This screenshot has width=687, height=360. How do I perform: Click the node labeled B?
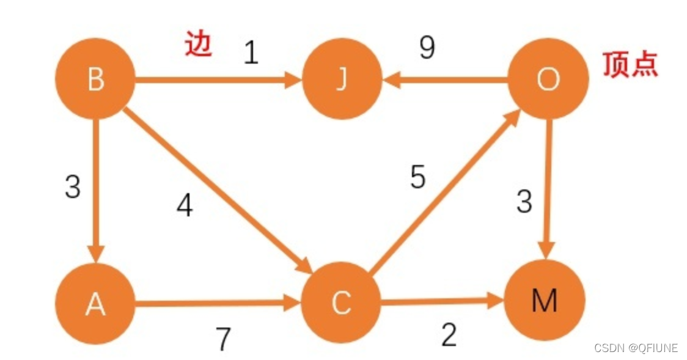(x=95, y=80)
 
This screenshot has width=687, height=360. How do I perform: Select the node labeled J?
(x=341, y=80)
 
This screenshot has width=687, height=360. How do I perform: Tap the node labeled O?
(x=547, y=80)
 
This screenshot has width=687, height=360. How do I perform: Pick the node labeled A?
(x=95, y=304)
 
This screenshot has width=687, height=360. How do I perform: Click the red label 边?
(x=199, y=45)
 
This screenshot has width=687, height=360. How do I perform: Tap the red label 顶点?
(x=630, y=64)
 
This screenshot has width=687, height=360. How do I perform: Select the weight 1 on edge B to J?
(x=251, y=53)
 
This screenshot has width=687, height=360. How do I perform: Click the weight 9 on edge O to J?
(x=427, y=48)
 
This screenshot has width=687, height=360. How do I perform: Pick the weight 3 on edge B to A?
(x=73, y=187)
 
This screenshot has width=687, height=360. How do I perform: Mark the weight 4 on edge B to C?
(x=185, y=206)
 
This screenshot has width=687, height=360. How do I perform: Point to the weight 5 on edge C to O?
(x=417, y=177)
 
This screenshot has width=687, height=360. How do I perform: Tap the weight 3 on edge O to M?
(x=524, y=201)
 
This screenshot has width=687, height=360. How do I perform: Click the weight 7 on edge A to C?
(x=224, y=339)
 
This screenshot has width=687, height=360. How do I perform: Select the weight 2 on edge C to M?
(x=449, y=334)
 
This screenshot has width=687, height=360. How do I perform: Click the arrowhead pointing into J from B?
(x=293, y=80)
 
